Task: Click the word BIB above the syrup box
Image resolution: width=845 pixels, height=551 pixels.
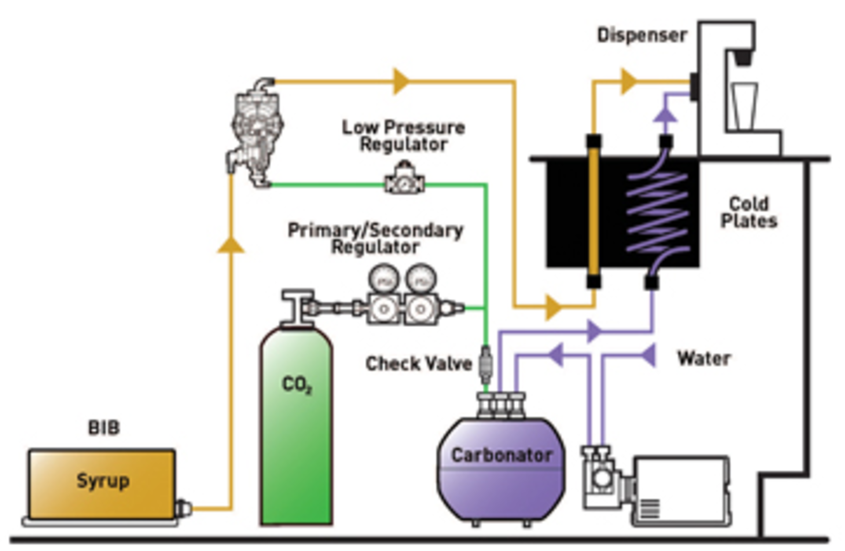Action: (x=104, y=427)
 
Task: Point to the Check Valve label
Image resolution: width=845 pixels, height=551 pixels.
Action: (x=419, y=364)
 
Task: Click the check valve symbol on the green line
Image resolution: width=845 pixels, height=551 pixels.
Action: (x=485, y=364)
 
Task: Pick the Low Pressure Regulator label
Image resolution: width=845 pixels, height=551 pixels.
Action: (x=403, y=135)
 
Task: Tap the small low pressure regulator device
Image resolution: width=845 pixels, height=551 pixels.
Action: (x=404, y=180)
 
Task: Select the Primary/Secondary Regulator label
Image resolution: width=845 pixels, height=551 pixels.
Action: (x=375, y=238)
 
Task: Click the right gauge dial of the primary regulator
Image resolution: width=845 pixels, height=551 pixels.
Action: (x=421, y=279)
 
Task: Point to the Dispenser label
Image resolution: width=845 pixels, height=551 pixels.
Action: (x=642, y=35)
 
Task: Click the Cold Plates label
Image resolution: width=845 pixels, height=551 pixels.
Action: (x=749, y=212)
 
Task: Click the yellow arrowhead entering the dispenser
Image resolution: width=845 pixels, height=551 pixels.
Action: (x=628, y=81)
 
